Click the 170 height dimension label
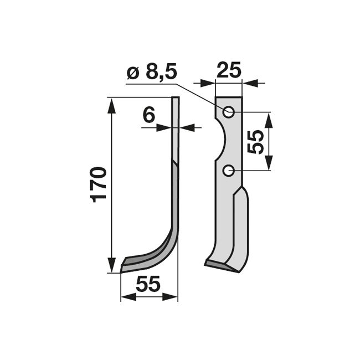tap(99, 185)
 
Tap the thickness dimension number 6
tap(149, 115)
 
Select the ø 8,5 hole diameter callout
tap(152, 73)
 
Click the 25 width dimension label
tap(229, 69)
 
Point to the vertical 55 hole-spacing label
tap(255, 142)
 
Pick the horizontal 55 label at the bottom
tap(148, 284)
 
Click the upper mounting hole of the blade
tap(228, 113)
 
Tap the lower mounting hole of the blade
tap(228, 171)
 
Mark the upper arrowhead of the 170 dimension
tap(111, 106)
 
